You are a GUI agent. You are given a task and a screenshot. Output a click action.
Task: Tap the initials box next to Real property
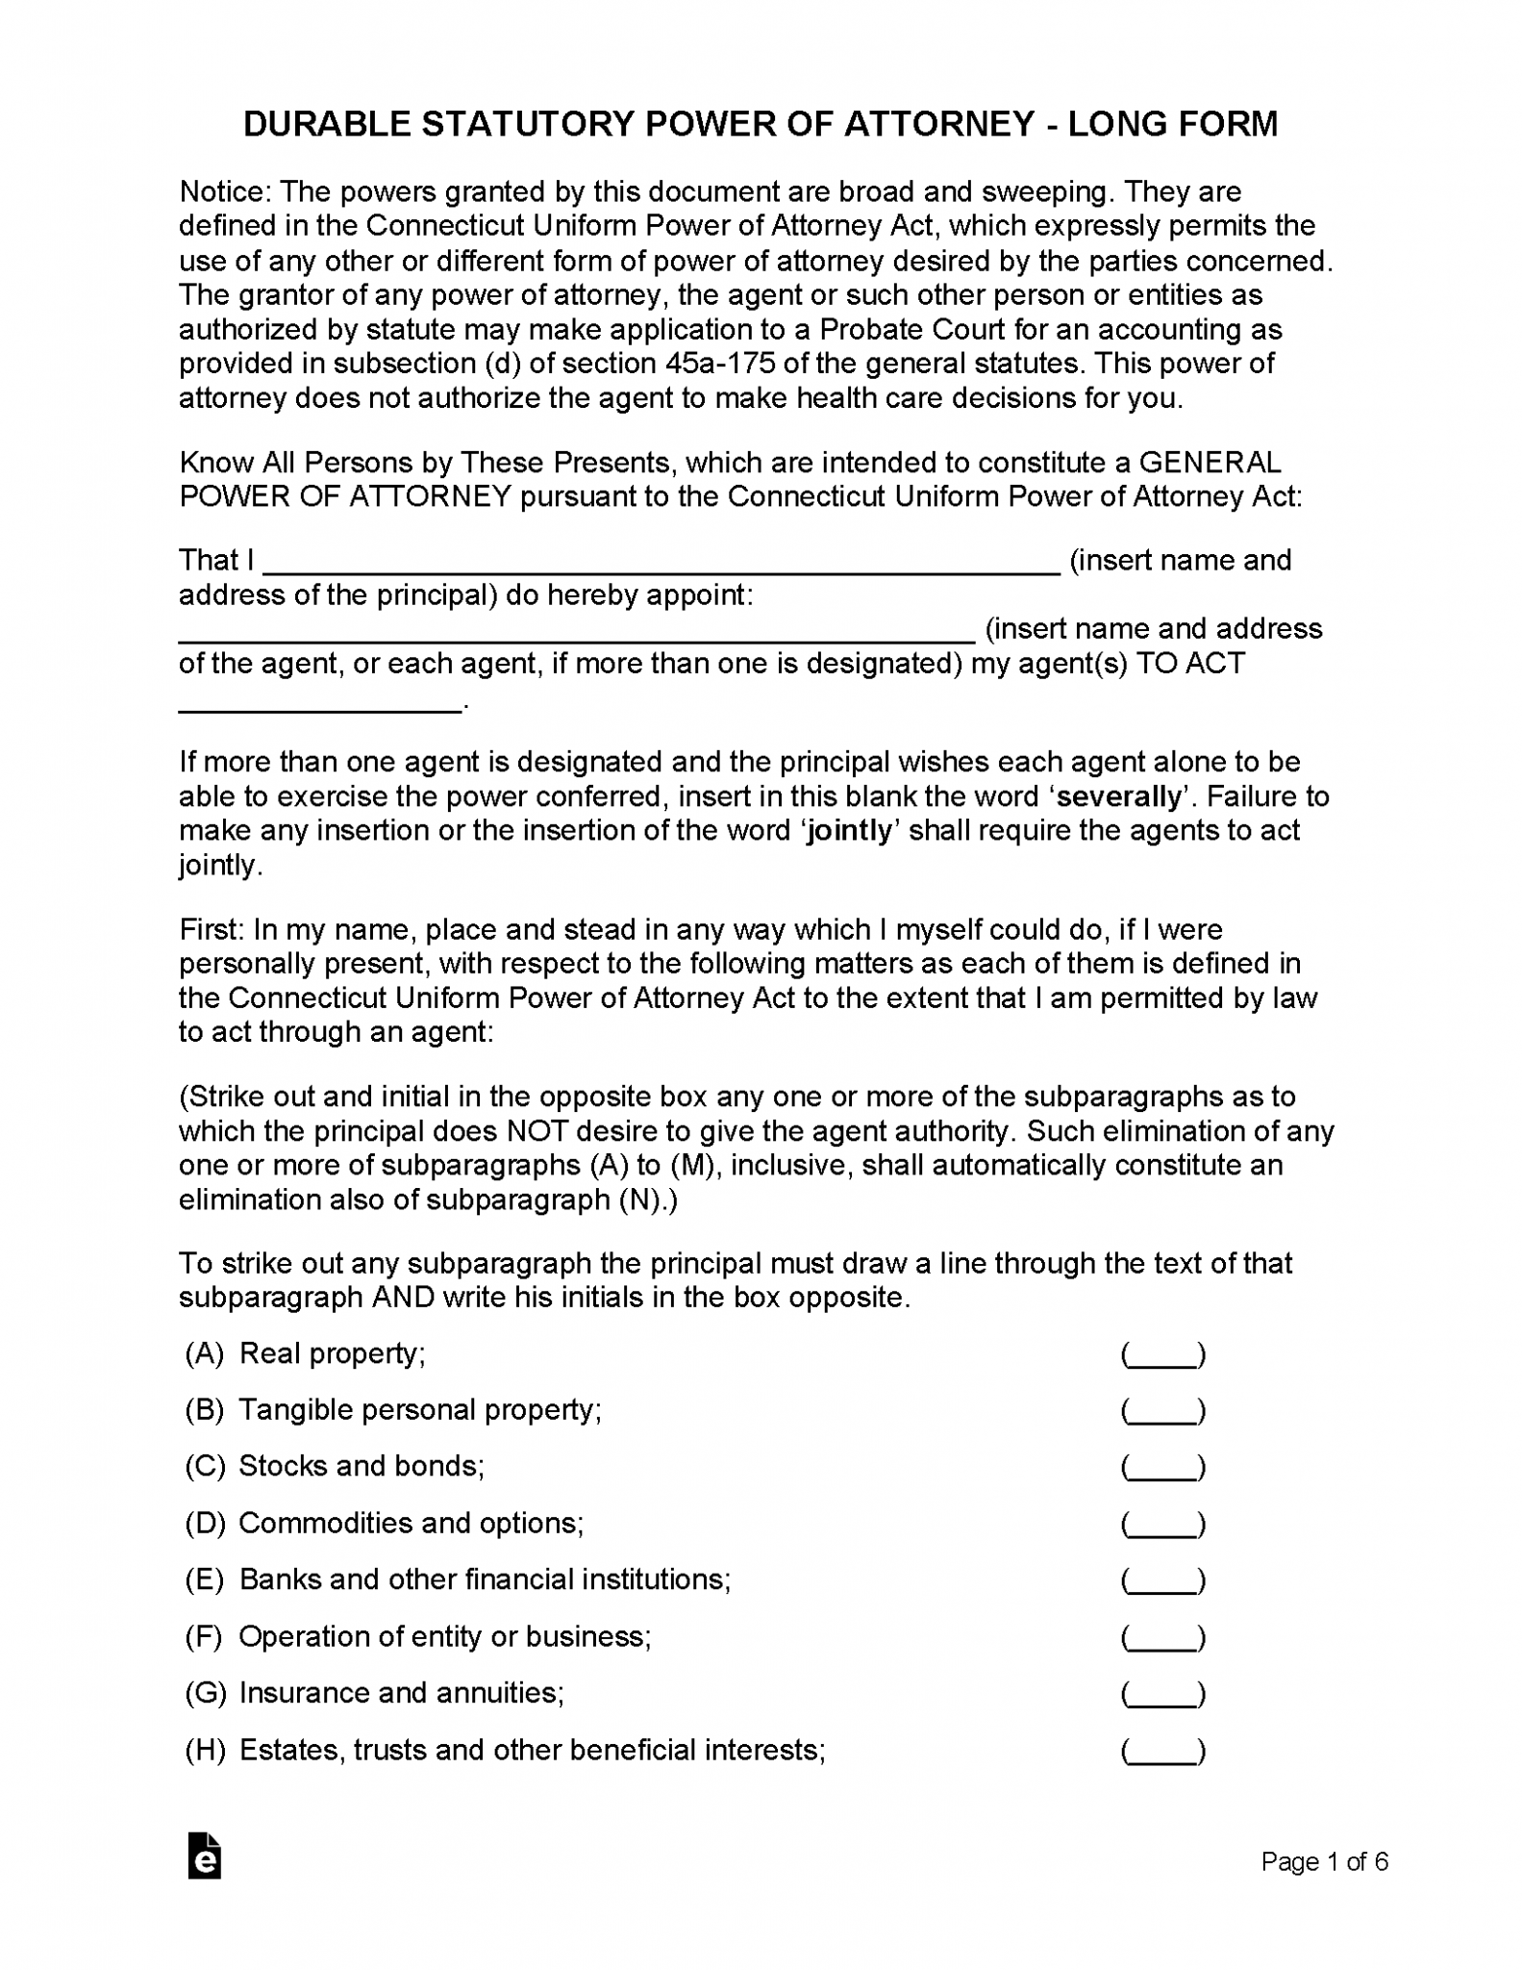1162,1354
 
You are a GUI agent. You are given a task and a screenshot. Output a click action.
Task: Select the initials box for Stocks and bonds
1162,1467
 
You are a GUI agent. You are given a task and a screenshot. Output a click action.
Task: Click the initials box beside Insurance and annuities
1162,1694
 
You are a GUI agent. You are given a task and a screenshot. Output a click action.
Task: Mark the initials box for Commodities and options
1162,1524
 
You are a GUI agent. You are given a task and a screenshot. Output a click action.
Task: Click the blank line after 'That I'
661,562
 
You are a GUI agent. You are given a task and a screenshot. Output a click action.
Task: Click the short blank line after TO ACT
320,702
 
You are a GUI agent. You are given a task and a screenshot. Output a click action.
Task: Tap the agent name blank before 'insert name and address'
577,630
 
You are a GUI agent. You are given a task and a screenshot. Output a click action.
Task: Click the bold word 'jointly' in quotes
850,830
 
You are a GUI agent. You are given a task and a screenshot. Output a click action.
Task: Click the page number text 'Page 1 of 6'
1324,1862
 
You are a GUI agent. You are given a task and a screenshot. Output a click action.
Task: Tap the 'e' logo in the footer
205,1856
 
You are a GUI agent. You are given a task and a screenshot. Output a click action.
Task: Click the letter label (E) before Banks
205,1580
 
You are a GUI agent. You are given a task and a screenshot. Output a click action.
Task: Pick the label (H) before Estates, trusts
205,1751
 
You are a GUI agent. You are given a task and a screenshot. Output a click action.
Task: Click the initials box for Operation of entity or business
1162,1637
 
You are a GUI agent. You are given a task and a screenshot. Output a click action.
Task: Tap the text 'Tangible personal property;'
420,1410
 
